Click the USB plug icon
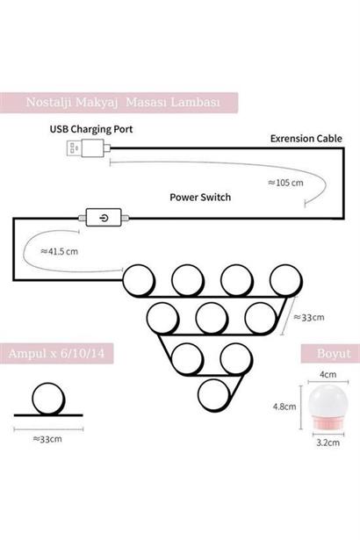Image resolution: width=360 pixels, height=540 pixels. point(88,148)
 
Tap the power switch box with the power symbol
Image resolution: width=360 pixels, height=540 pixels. point(104,217)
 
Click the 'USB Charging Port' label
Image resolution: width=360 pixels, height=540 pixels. point(91,129)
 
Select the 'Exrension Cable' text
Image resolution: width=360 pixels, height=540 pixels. point(306,139)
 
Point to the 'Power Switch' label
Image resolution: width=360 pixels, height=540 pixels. point(200,198)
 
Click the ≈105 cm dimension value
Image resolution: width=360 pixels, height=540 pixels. point(285,183)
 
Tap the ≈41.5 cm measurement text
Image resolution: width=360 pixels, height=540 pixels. point(59,251)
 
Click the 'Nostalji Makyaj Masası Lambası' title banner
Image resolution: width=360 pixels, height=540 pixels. point(119,103)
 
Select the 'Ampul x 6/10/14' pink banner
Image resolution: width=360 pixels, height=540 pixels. point(56,353)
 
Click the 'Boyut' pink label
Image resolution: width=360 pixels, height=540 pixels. point(330,353)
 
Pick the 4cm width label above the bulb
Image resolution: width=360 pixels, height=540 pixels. point(328,374)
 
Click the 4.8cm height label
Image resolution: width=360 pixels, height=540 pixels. point(284,407)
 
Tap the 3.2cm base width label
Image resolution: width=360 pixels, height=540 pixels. point(328,443)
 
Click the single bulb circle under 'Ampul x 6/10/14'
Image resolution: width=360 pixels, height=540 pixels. point(48,399)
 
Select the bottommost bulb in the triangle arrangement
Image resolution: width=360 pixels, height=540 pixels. point(214,394)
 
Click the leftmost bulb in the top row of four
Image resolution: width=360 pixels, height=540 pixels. point(139,280)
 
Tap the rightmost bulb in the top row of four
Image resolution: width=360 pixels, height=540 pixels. point(286,280)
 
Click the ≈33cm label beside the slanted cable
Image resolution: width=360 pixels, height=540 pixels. point(309,317)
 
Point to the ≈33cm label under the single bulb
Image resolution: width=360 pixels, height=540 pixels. point(47,439)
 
